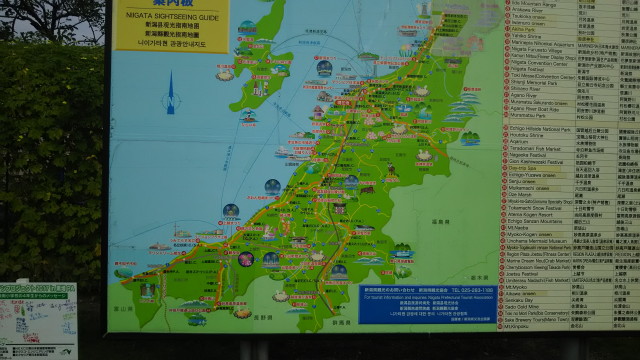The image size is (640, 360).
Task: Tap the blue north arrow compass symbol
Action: coord(169,99)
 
